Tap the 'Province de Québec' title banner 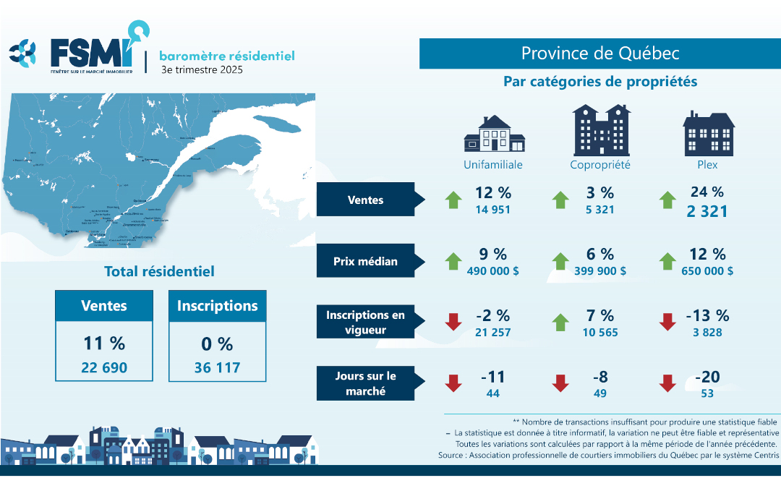600,54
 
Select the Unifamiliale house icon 493,134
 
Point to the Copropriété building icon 600,130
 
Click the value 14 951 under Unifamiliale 492,210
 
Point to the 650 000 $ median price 707,271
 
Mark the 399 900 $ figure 600,271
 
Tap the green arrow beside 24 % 668,200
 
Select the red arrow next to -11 453,383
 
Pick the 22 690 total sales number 104,367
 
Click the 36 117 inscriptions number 217,367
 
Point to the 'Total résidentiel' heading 159,272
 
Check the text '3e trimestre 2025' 202,70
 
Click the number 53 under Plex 707,393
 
